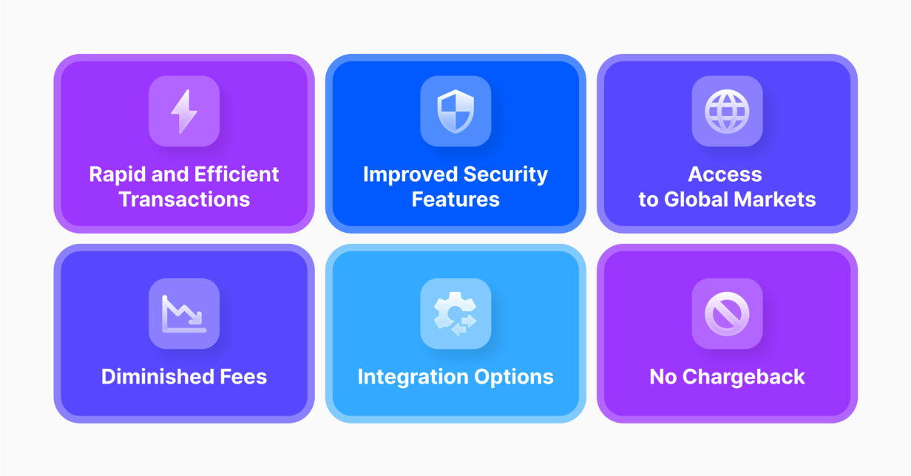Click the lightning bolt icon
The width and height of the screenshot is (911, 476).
pyautogui.click(x=184, y=112)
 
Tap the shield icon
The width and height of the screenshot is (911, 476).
pyautogui.click(x=455, y=112)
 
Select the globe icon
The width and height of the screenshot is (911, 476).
pyautogui.click(x=727, y=112)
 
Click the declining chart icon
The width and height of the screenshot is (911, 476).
pyautogui.click(x=184, y=313)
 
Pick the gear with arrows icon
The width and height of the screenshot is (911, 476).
pyautogui.click(x=455, y=313)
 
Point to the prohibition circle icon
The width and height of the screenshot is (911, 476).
pyautogui.click(x=727, y=313)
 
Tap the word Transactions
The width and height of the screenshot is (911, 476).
pyautogui.click(x=184, y=199)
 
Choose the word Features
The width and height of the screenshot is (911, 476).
pyautogui.click(x=455, y=199)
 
